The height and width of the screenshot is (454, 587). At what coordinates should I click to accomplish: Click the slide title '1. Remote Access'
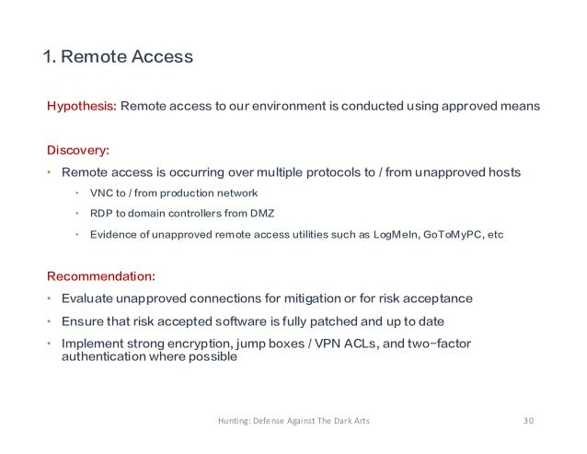(x=119, y=58)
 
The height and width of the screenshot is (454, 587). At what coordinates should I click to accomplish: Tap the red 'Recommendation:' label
(x=101, y=275)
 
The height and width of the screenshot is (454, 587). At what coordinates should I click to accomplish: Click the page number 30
(x=527, y=422)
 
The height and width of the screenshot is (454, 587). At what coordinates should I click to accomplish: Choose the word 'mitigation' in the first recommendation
(x=317, y=298)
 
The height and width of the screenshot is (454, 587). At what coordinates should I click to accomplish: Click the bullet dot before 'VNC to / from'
(x=78, y=192)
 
